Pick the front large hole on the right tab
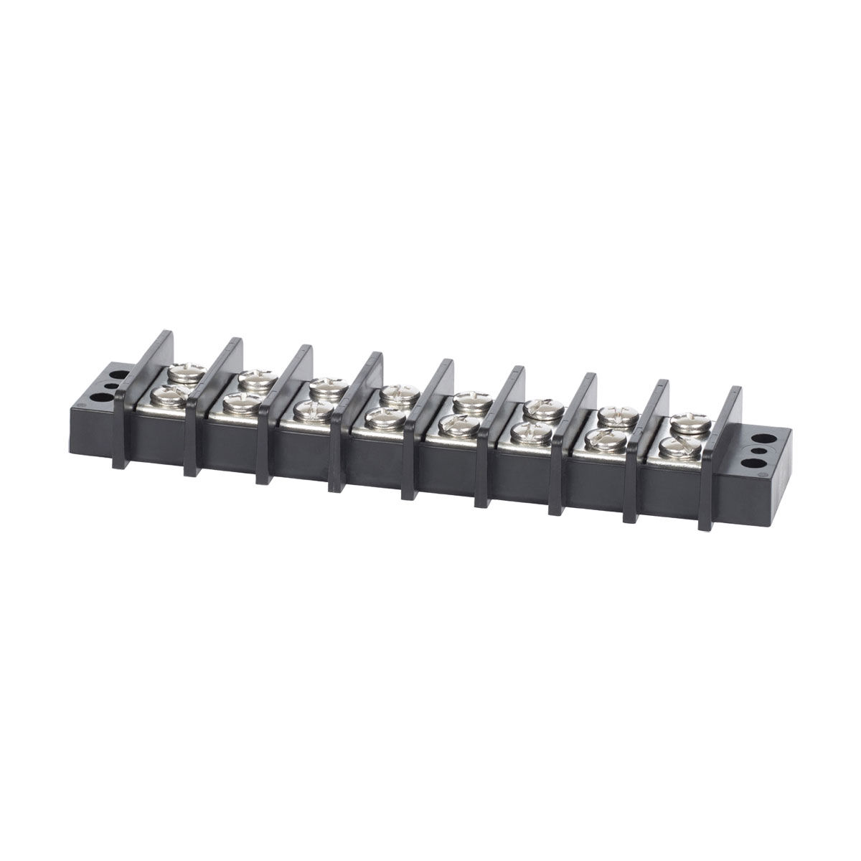[x=756, y=453]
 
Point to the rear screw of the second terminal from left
[x=252, y=377]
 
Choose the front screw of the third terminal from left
[x=312, y=408]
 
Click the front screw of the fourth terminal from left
[x=386, y=416]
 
